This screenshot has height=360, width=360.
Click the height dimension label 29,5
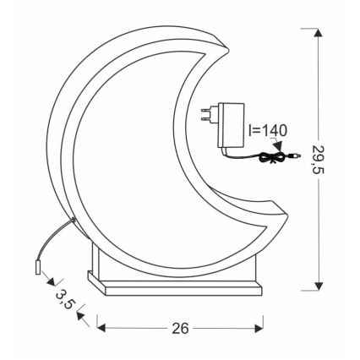[320, 158]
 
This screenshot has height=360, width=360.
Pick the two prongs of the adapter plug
[205, 113]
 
